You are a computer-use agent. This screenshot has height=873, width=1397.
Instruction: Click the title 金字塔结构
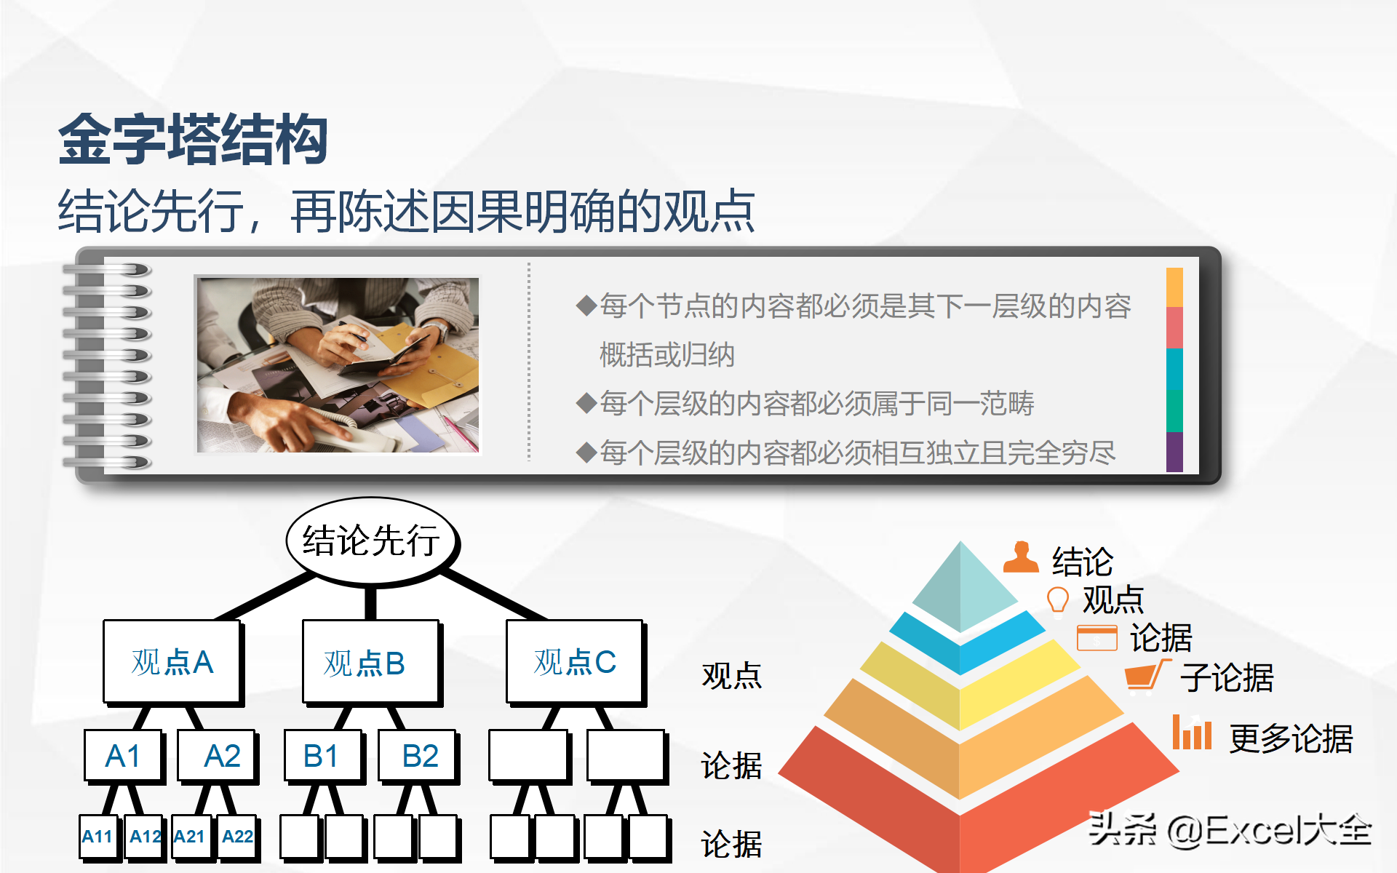click(x=193, y=139)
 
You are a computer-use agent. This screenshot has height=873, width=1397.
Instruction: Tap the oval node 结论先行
click(x=372, y=541)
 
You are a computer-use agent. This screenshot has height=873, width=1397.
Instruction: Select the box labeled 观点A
click(x=172, y=662)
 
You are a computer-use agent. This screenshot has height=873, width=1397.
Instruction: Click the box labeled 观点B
click(x=371, y=663)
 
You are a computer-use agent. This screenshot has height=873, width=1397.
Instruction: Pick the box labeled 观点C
click(x=575, y=662)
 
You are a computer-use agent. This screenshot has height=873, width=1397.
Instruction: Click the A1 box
click(x=123, y=756)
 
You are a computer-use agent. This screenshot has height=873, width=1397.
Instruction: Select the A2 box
click(x=218, y=756)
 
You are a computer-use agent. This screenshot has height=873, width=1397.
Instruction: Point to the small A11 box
click(x=99, y=837)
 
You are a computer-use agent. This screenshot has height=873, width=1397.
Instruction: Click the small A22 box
click(x=238, y=837)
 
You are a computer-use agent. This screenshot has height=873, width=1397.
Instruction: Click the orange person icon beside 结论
click(x=1021, y=557)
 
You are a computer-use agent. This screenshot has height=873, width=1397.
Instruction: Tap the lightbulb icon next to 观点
click(x=1057, y=601)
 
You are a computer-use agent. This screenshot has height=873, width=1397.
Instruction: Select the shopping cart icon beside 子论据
click(x=1147, y=676)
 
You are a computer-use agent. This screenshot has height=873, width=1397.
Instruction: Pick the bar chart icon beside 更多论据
click(x=1192, y=732)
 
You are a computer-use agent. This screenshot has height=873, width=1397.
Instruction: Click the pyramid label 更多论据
click(x=1291, y=738)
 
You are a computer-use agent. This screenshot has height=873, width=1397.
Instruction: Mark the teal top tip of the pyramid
click(x=961, y=542)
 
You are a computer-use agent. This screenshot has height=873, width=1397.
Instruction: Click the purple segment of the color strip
click(x=1174, y=452)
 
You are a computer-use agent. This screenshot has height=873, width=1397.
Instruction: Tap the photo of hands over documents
click(x=338, y=365)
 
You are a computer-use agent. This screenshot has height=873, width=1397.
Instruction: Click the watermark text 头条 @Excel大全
click(x=1230, y=830)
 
